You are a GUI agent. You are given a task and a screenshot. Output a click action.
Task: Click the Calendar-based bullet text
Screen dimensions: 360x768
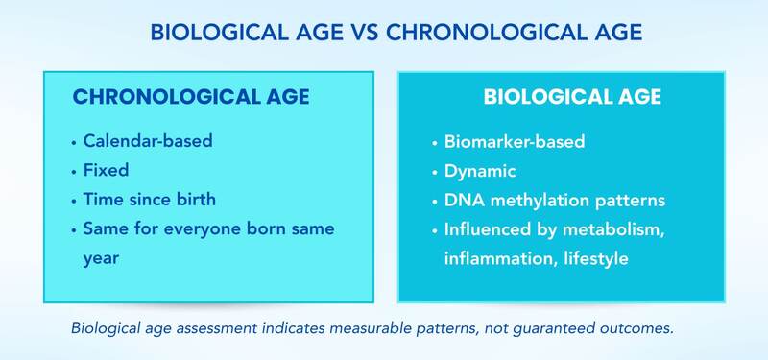(147, 141)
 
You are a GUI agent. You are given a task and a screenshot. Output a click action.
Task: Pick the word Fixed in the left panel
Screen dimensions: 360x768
(107, 170)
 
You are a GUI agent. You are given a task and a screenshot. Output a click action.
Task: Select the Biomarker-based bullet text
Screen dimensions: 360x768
(515, 142)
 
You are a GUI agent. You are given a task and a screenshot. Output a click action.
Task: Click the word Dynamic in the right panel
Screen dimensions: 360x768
(480, 171)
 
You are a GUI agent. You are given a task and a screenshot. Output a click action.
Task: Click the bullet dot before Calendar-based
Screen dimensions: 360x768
(73, 142)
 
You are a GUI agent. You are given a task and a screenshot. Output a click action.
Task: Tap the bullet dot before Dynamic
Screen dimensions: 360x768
(434, 172)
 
